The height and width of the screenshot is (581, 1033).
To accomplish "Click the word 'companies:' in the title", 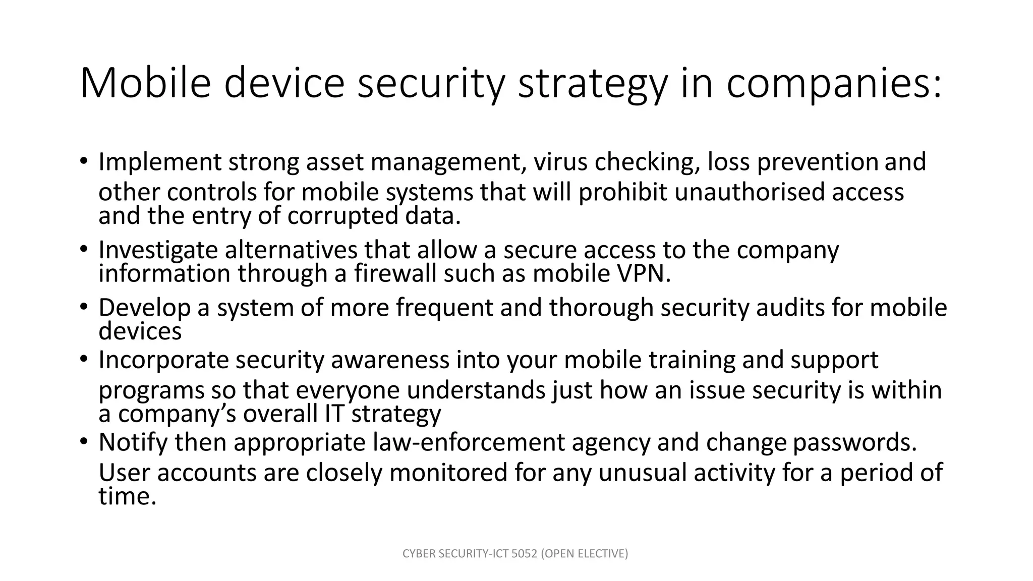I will [834, 84].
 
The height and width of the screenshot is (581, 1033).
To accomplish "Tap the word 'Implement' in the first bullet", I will [160, 163].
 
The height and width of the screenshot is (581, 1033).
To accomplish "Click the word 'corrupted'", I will [343, 216].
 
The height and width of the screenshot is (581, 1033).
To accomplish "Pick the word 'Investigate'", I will [158, 250].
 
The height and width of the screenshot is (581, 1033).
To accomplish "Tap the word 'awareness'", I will [389, 360].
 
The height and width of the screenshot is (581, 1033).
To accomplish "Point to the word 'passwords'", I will [853, 443].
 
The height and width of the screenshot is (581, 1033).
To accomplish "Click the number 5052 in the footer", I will [526, 554].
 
